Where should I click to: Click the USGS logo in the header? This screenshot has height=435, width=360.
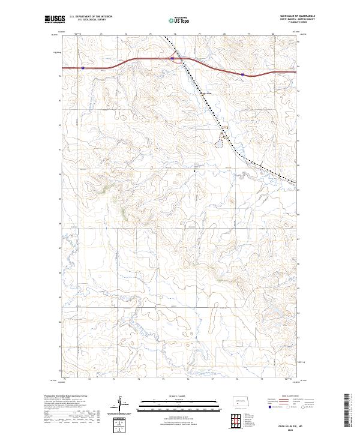(53, 20)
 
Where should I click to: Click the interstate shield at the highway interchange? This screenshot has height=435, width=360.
(173, 58)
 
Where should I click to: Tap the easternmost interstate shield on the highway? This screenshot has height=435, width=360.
(242, 74)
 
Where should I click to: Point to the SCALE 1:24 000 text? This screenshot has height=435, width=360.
(179, 394)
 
